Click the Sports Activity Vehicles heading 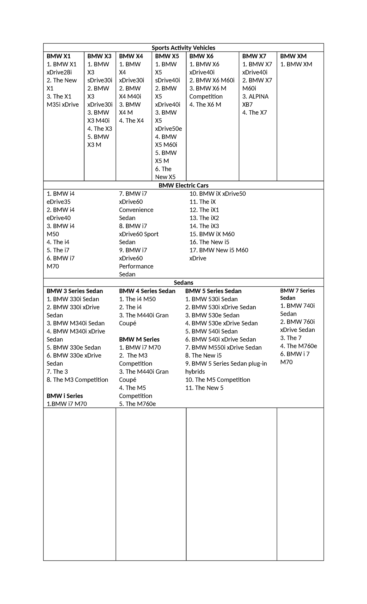183,48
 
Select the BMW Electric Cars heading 183,185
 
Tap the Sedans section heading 183,282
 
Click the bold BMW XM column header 293,56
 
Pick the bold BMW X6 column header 201,56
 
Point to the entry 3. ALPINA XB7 255,101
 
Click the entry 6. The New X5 165,173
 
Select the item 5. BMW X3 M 98,141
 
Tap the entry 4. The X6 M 205,105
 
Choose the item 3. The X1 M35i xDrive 62,101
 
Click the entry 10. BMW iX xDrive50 217,194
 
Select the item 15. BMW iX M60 212,234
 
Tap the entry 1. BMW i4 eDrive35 60,198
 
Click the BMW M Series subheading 139,339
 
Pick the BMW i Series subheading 65,396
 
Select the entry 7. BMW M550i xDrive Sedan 223,348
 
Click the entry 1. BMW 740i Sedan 297,310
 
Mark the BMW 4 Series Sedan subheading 147,291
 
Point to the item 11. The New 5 204,388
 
